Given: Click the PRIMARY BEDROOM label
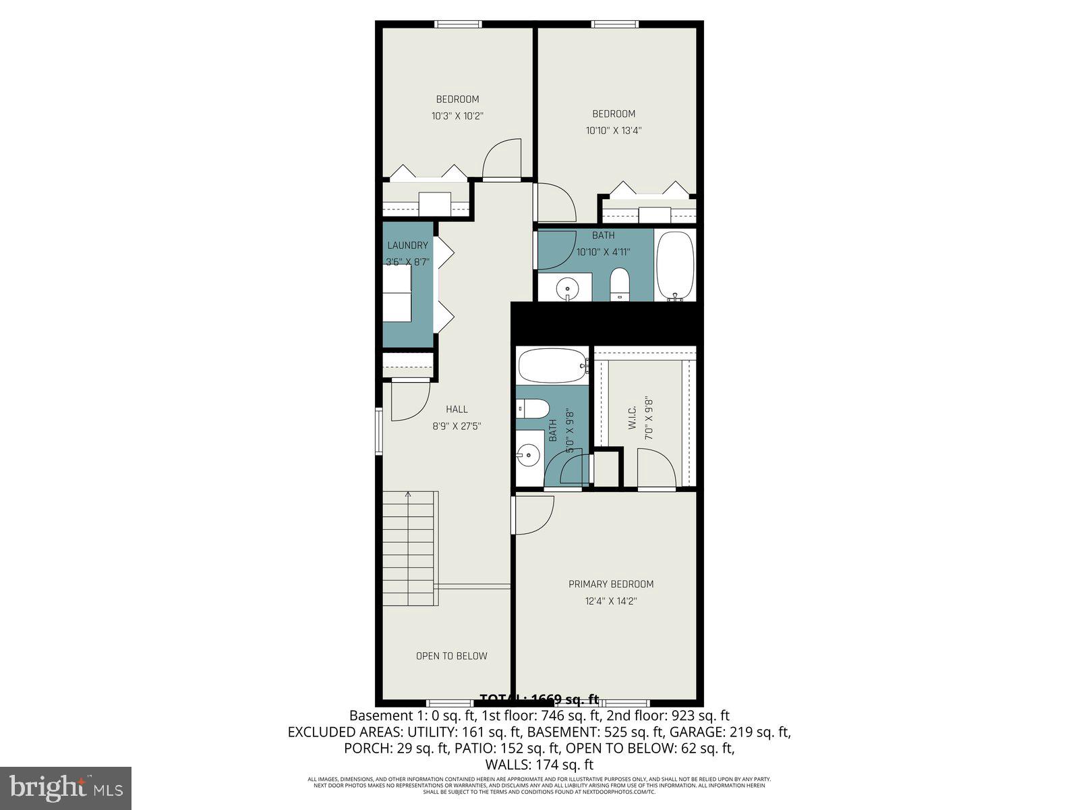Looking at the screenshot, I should [611, 584].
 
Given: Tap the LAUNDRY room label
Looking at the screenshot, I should [407, 245].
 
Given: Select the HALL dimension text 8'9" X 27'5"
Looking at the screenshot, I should [457, 426].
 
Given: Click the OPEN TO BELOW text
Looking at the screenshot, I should [451, 655].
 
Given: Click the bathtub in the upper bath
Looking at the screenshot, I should [675, 265].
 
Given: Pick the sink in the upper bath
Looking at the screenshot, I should [567, 289].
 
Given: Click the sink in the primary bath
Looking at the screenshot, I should [529, 455].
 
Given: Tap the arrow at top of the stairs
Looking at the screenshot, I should [408, 495].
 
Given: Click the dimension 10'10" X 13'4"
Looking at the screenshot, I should [613, 131].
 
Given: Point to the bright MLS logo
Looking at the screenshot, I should [65, 787].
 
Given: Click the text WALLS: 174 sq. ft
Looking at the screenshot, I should [539, 765].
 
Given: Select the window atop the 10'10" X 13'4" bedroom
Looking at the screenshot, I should [615, 24].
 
